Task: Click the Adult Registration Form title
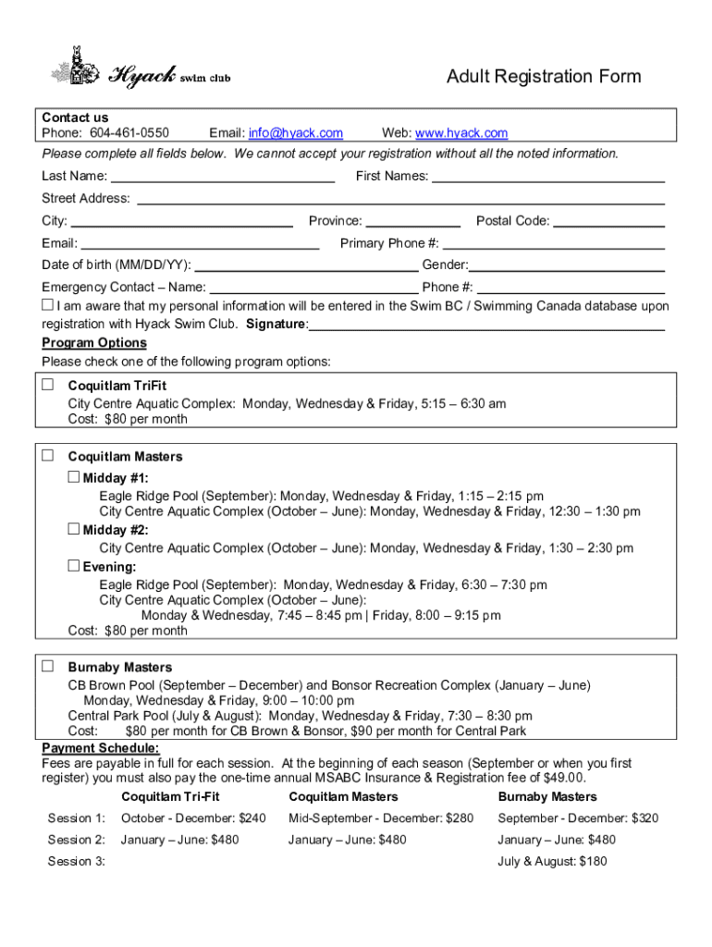point(543,77)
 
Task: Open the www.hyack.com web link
point(461,134)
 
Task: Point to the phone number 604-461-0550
point(129,134)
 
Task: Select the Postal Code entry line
point(608,222)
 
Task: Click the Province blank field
point(412,222)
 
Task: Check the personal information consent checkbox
point(48,305)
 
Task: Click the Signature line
point(487,326)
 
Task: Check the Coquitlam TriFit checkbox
point(48,385)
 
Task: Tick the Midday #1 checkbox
point(73,477)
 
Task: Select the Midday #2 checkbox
point(73,529)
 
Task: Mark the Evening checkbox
point(73,565)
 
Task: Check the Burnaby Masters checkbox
point(48,666)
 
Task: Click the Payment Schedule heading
point(101,747)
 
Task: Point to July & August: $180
point(552,861)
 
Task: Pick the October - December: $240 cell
point(193,818)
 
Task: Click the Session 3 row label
point(77,861)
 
